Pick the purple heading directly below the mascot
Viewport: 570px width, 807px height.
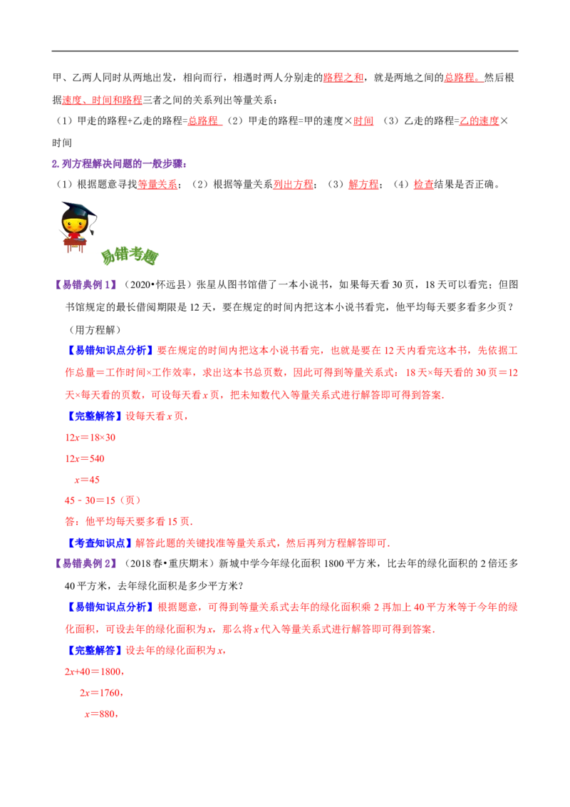(x=85, y=285)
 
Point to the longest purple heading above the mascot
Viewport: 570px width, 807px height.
(x=119, y=164)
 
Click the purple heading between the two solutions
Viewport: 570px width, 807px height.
(x=85, y=562)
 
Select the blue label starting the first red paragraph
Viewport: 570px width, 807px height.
(x=110, y=350)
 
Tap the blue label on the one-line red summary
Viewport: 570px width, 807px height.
(x=99, y=543)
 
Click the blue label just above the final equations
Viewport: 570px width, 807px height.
(x=95, y=650)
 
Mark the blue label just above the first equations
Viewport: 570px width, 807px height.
(x=95, y=416)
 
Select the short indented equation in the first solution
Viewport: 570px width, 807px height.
(x=88, y=480)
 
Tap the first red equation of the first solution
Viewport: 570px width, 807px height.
(x=90, y=438)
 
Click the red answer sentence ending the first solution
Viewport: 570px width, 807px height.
(x=128, y=522)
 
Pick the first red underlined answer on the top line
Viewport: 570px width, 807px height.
(x=343, y=78)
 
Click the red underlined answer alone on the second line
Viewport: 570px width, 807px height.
(x=102, y=101)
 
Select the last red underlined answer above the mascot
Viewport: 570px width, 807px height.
(x=424, y=185)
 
